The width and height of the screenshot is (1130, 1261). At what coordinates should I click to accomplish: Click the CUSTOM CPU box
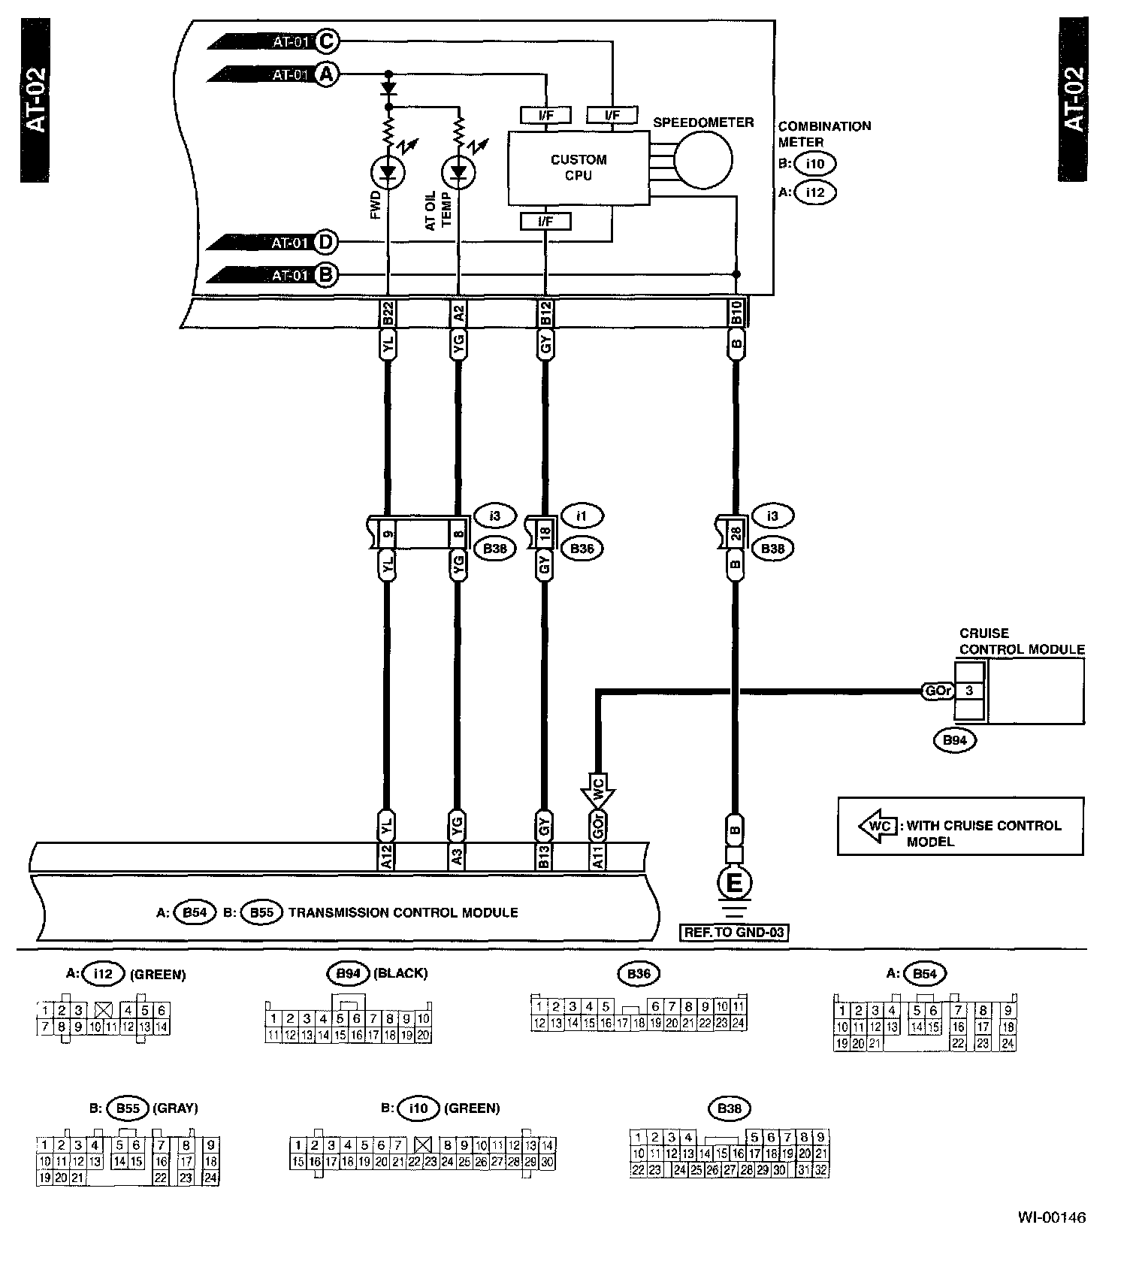tap(579, 168)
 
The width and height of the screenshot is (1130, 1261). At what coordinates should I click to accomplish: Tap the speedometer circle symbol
tap(702, 159)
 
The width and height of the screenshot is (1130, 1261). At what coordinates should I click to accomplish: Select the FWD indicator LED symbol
tap(388, 174)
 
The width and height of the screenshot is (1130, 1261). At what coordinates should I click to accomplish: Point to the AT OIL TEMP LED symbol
tap(458, 174)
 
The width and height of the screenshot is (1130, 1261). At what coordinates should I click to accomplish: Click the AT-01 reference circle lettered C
tap(325, 41)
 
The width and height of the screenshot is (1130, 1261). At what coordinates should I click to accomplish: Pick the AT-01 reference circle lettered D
tap(325, 243)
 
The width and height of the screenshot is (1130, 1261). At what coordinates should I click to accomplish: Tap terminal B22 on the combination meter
tap(388, 313)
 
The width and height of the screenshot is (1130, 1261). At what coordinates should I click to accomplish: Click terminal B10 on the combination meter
tap(737, 313)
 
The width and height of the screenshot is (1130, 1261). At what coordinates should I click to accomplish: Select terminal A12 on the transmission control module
tap(386, 857)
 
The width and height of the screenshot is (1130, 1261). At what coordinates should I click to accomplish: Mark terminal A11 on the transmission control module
tap(598, 857)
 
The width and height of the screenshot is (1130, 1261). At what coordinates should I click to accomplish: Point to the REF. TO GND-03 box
tap(734, 933)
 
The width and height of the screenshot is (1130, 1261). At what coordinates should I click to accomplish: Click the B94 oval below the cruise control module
tap(954, 740)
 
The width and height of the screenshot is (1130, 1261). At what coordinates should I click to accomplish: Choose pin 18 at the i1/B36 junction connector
tap(545, 533)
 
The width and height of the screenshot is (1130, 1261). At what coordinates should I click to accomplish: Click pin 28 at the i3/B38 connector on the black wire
tap(736, 533)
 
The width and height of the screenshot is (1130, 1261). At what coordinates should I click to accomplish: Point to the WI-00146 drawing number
tap(1052, 1217)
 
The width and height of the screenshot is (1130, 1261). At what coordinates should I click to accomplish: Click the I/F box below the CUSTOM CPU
tap(545, 222)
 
